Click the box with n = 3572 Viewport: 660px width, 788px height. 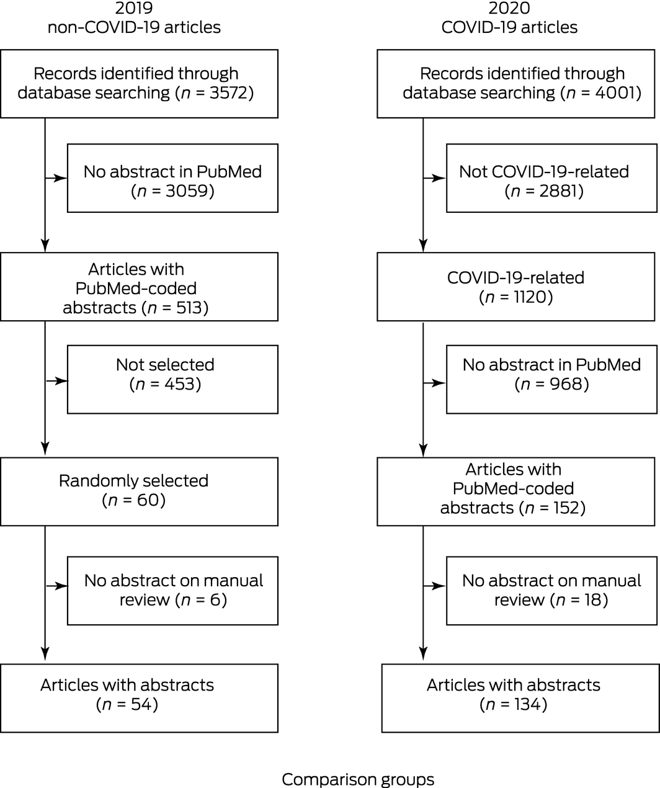coord(139,84)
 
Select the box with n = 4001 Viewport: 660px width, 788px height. coord(515,84)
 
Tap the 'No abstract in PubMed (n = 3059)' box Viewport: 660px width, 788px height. coord(172,178)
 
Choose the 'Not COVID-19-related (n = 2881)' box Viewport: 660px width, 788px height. coord(551,178)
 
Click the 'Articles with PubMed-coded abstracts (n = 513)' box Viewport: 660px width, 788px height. coord(139,287)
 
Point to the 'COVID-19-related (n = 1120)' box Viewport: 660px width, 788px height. coord(515,287)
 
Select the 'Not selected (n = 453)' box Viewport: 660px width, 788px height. coord(172,380)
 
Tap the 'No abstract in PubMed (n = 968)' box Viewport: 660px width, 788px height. coord(551,380)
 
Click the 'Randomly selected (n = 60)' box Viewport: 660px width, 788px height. coord(139,491)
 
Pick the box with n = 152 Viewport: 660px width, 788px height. coord(515,491)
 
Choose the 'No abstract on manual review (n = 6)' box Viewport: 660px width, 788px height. coord(172,590)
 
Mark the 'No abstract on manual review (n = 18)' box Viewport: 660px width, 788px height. coord(551,590)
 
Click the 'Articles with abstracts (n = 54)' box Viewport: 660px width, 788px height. coord(139,698)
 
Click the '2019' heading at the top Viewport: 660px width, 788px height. coord(134,9)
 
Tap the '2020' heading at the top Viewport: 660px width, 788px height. coord(509,9)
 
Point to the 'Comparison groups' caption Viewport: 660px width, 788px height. coord(358,779)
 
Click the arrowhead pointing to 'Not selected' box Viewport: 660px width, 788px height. coord(61,380)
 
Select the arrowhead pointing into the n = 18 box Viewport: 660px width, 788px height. coord(439,586)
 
